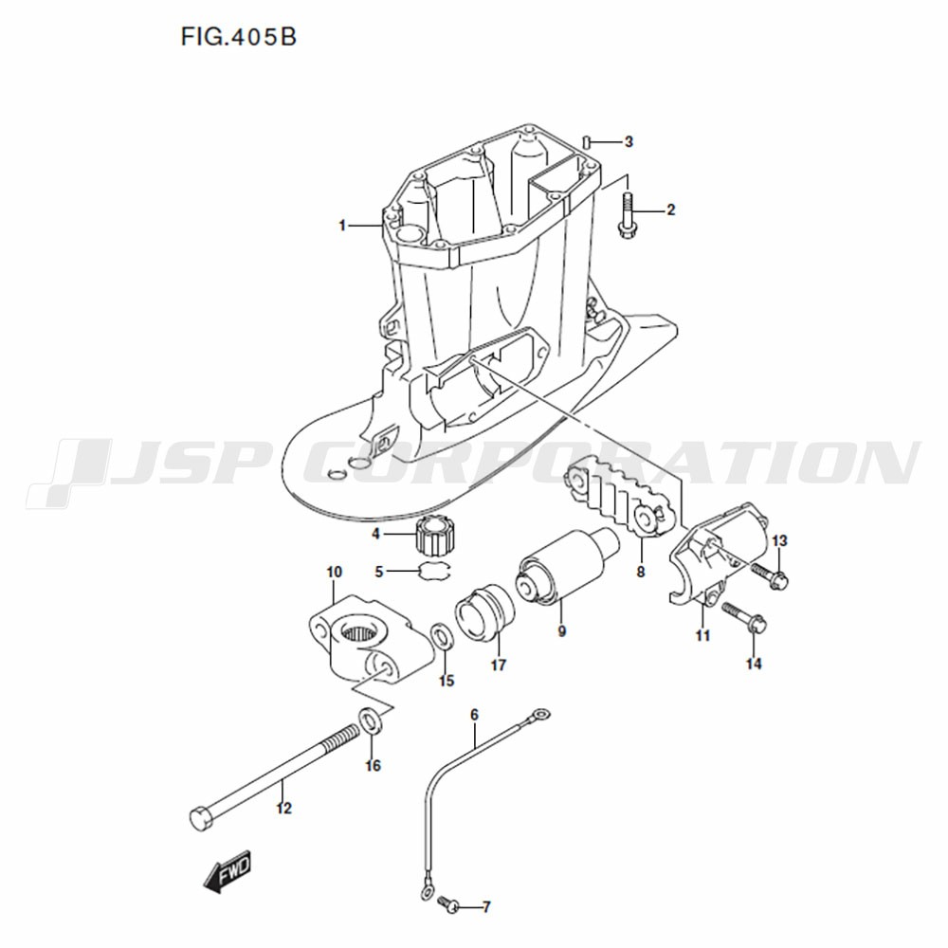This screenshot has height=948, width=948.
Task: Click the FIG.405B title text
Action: tap(238, 37)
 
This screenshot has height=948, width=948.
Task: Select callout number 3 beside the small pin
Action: tap(629, 142)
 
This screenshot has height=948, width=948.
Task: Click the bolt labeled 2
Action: tap(625, 214)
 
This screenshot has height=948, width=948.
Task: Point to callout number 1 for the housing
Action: tap(342, 226)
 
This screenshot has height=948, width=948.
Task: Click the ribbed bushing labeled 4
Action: tap(434, 536)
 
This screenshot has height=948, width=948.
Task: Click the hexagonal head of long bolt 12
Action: tap(200, 819)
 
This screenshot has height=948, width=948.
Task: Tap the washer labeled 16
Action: tap(369, 720)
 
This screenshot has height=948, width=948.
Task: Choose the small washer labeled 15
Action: tap(442, 638)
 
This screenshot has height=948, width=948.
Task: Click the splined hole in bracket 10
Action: tap(360, 633)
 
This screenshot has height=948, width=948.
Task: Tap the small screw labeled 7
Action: tap(448, 902)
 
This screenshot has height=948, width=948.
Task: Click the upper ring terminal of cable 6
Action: tap(541, 715)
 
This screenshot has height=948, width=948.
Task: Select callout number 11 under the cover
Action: tap(702, 635)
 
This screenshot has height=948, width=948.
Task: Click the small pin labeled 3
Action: tap(587, 142)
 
